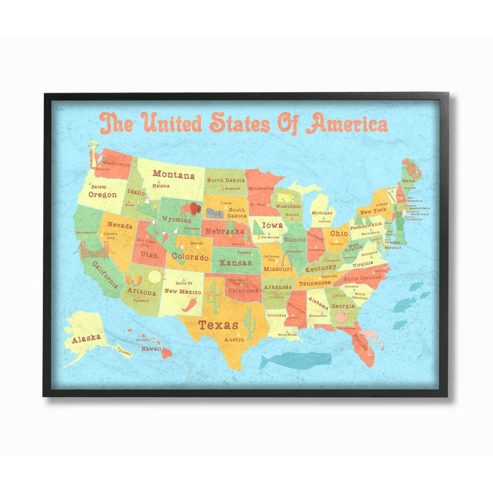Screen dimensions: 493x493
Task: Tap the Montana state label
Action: point(173,175)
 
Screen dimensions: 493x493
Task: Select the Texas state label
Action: point(218,324)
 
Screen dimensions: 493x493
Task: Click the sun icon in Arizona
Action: point(154,277)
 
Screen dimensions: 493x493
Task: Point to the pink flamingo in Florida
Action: point(366,339)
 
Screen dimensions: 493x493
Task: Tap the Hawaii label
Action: point(151,349)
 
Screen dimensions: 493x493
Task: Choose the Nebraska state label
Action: point(225,231)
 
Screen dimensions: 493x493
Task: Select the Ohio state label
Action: point(339,233)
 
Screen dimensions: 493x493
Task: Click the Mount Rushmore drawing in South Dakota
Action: point(215,212)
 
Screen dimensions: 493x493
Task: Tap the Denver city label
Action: point(196,244)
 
